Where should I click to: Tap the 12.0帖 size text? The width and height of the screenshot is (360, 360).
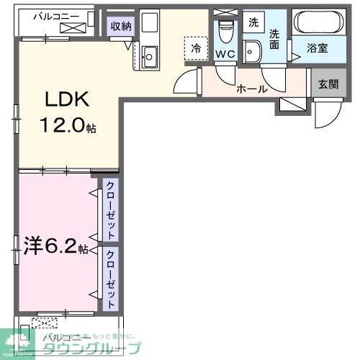click(68, 127)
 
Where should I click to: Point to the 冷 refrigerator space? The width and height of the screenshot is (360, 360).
click(195, 48)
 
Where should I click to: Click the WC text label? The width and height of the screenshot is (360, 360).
click(225, 54)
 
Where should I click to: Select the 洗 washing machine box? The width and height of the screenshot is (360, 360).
click(253, 22)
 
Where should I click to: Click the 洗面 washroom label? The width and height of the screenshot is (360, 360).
click(274, 40)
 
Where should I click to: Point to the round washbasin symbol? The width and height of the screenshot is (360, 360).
click(252, 50)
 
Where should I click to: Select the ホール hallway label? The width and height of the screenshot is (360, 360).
click(252, 89)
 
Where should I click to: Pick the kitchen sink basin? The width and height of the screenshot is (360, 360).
click(150, 54)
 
